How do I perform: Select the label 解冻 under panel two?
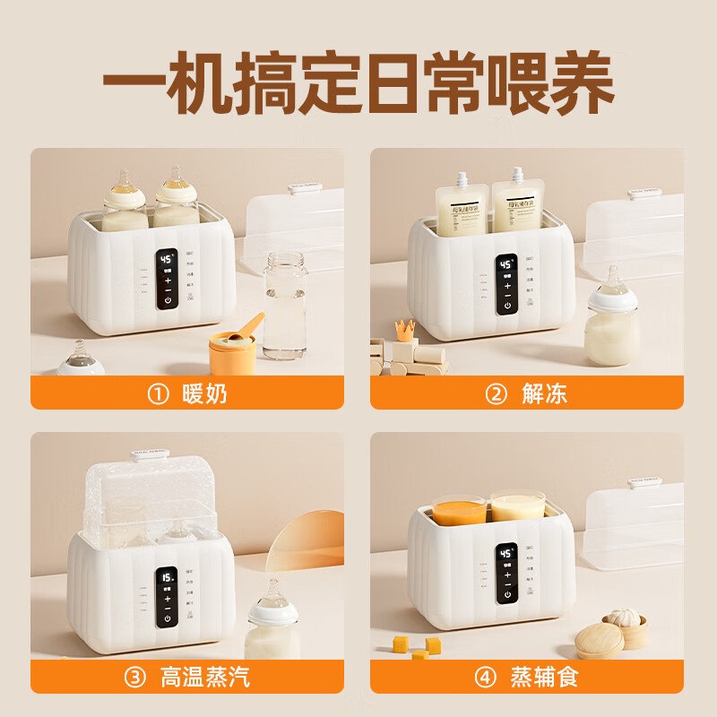pos(544,393)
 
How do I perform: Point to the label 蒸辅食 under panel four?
pos(544,677)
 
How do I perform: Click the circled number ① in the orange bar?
pos(158,393)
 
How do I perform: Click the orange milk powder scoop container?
pos(234,352)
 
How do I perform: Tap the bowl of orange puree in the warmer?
pos(459,511)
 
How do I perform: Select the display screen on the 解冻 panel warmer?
pos(506,265)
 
